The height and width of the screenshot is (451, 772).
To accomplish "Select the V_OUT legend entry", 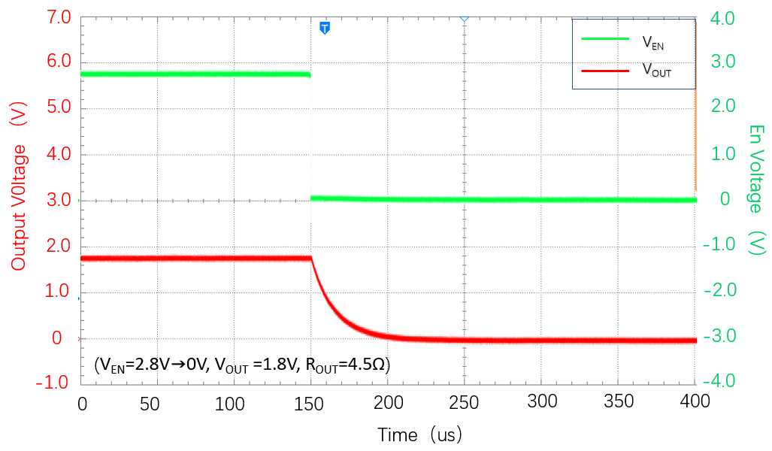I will (x=655, y=71).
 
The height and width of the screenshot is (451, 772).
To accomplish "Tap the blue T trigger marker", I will (x=325, y=29).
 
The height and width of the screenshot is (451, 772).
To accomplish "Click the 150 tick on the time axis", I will (x=310, y=403).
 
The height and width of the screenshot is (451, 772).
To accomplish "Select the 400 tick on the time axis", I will (x=695, y=403).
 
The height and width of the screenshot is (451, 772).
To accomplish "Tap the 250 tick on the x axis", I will (x=464, y=403).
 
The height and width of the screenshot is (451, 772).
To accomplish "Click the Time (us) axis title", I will (x=419, y=434).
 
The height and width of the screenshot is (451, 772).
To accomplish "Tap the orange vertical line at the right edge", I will (x=695, y=105).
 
